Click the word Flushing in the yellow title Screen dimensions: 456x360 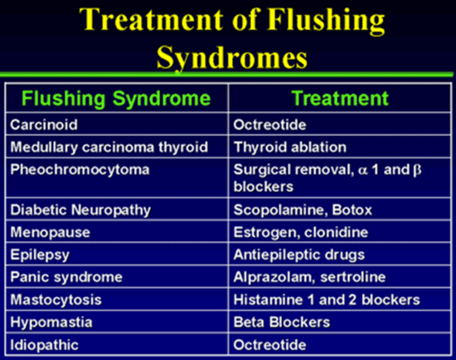coord(326,20)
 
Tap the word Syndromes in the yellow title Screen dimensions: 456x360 coord(232,57)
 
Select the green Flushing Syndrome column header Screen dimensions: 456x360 coord(116,99)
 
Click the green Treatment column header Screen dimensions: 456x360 coord(340,98)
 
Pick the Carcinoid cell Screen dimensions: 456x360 coord(44,124)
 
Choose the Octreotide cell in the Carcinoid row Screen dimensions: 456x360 coord(269,124)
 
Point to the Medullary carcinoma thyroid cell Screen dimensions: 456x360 coord(109,147)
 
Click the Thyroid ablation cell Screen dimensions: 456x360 coord(290,147)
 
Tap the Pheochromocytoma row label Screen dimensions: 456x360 coord(80,170)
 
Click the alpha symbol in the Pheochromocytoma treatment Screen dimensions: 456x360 coord(363,170)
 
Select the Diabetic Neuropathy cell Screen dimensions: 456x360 coord(80,210)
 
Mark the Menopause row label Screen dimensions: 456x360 coord(50,232)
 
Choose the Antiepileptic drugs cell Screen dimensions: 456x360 coord(299,255)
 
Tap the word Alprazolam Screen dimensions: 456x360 coord(274,277)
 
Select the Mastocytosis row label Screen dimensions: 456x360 coord(56,299)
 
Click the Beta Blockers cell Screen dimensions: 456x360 coord(282,322)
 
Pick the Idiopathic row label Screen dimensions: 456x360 coord(44,345)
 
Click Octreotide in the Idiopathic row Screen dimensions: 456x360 coord(269,345)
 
